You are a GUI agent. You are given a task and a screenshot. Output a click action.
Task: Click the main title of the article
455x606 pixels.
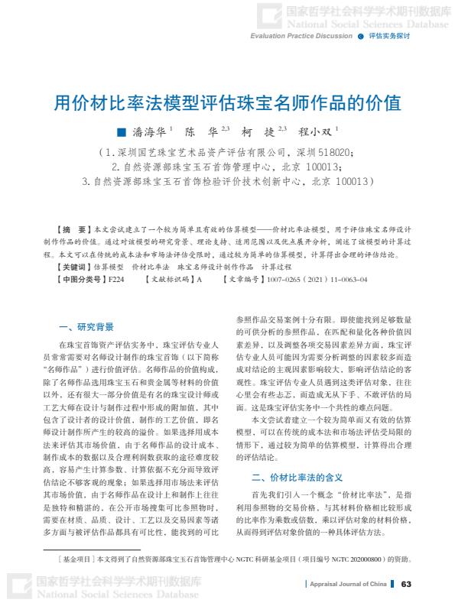click(x=227, y=102)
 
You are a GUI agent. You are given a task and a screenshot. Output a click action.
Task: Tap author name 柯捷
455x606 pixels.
click(x=264, y=131)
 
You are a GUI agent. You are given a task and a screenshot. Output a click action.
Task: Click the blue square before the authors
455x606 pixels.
click(x=120, y=131)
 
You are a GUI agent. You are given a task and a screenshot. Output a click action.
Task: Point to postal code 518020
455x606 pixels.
click(x=333, y=153)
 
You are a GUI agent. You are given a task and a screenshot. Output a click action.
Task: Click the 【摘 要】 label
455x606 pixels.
click(x=73, y=229)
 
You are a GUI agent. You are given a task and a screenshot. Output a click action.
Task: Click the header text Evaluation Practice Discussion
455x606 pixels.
click(x=301, y=36)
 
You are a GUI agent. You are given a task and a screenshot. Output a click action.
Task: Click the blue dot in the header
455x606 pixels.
click(x=359, y=36)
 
